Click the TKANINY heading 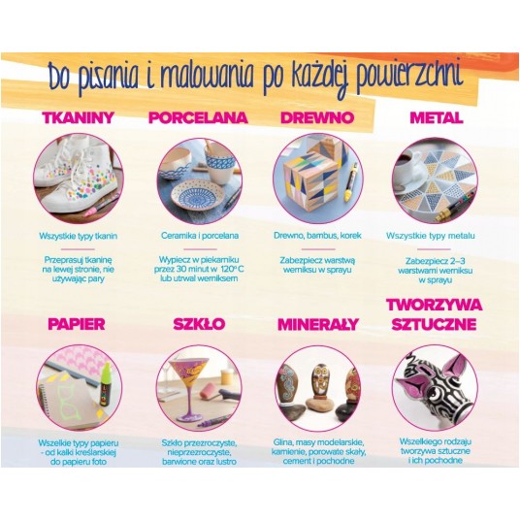[x=79, y=117]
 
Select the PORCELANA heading [x=198, y=117]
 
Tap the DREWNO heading [x=317, y=117]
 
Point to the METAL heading [x=437, y=117]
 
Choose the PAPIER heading [x=77, y=324]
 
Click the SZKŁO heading [x=199, y=324]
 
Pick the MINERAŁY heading [x=318, y=324]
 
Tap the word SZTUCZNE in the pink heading [x=434, y=324]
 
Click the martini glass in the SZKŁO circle [x=188, y=389]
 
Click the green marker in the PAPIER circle [x=106, y=385]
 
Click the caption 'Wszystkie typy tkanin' [x=79, y=236]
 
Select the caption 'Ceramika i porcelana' [x=200, y=236]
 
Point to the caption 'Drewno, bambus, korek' [x=317, y=236]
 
